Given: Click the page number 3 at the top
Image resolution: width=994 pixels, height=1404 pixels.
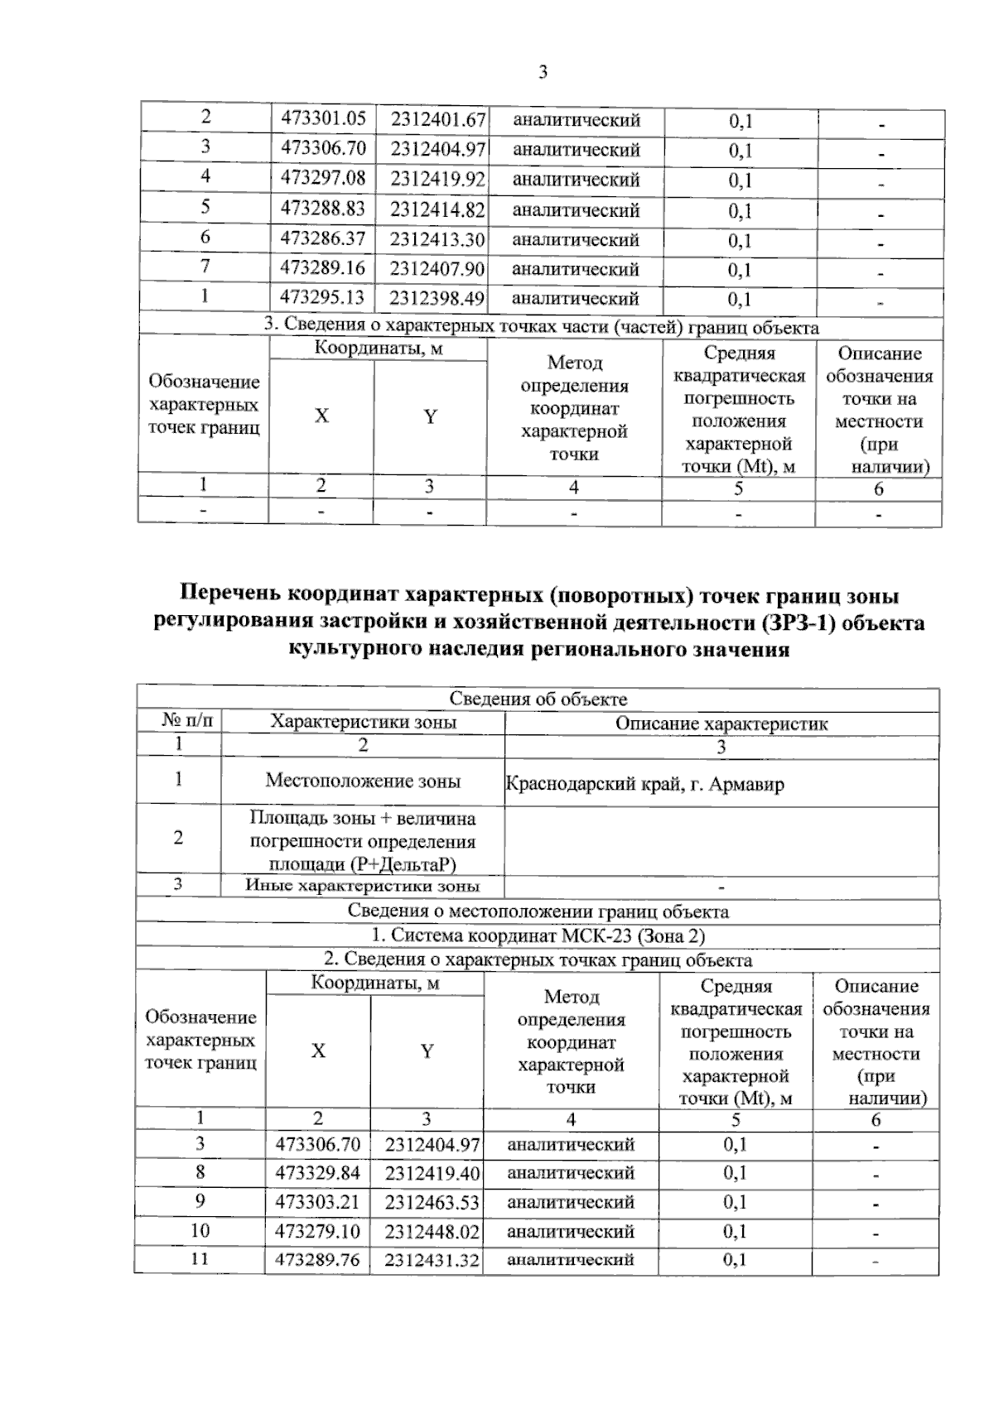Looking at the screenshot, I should [543, 73].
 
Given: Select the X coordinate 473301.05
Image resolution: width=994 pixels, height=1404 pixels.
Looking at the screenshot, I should [323, 118].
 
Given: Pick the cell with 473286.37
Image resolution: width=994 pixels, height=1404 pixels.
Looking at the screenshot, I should [323, 238].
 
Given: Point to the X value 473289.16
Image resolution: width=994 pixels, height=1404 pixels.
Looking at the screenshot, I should [323, 268].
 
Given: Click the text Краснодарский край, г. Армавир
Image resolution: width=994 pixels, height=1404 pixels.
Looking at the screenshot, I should [644, 783].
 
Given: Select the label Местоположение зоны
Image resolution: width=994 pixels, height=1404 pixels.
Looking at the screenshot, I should [363, 781].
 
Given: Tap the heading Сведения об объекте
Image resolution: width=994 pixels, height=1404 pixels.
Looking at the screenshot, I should [538, 700].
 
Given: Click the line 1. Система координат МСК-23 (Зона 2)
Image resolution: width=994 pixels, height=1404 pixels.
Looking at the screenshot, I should [538, 936].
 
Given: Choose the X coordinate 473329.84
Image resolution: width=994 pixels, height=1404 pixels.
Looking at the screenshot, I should [318, 1173].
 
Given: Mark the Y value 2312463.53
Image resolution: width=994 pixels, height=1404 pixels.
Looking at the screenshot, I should [432, 1202].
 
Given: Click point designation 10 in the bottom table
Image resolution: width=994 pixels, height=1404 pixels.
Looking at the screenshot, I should [200, 1230].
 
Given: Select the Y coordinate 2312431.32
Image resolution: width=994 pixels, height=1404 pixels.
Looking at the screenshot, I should [432, 1260].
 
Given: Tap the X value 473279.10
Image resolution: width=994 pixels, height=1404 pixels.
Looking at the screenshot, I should [318, 1231].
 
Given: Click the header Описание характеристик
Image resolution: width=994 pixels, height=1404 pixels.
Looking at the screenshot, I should [721, 724].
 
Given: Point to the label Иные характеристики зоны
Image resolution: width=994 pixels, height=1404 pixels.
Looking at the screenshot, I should [363, 886].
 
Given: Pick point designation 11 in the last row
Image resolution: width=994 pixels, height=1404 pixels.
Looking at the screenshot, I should [200, 1258].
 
